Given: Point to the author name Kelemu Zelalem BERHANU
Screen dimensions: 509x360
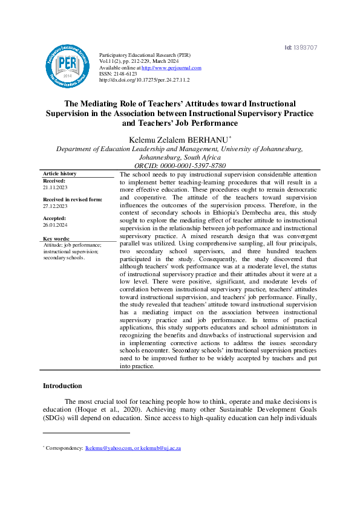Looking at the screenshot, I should (x=178, y=140).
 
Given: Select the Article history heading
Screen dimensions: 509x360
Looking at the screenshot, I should (x=59, y=173).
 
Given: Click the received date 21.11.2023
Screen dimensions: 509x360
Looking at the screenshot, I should (x=55, y=188).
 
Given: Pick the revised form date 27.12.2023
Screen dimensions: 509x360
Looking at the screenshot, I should (x=55, y=206).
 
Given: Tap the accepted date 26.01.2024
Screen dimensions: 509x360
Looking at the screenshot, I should (x=55, y=224).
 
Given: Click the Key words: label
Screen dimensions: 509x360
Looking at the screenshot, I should (x=56, y=239).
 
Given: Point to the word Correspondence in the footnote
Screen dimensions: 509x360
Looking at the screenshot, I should (x=64, y=448).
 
